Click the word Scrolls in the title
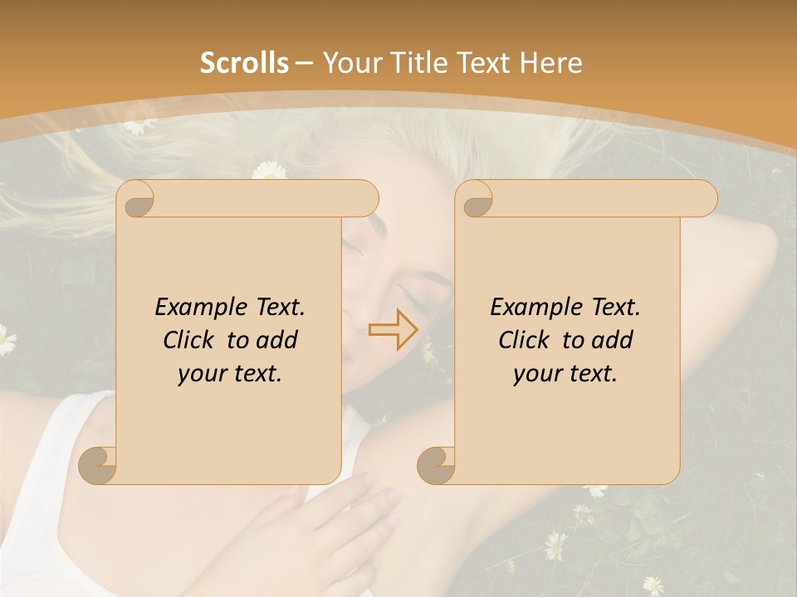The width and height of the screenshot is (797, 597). coord(245,63)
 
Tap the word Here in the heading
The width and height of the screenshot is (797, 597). coord(550,63)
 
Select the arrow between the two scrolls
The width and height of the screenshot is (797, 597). coord(393,329)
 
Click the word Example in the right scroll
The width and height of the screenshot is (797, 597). coord(533,308)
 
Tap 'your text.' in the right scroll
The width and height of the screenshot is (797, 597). coord(565,374)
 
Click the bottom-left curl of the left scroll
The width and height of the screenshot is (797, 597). coord(99,465)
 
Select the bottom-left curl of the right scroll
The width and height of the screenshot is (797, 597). coord(437,465)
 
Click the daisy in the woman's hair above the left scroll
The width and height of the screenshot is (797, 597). coord(269,171)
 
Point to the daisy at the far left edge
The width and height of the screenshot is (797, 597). coord(5,339)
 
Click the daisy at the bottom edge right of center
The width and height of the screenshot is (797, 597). coord(653,585)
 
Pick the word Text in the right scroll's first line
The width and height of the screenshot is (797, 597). coord(615,308)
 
